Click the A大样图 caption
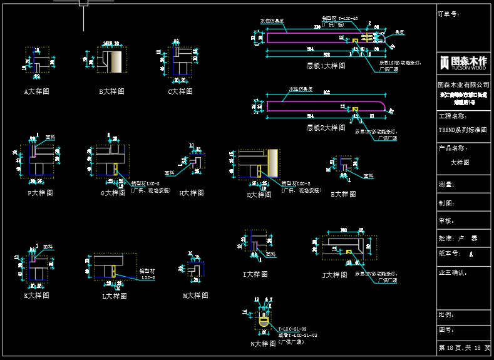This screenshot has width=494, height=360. (x=37, y=91)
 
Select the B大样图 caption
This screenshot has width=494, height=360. (x=111, y=91)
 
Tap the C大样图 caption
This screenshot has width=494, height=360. (x=180, y=91)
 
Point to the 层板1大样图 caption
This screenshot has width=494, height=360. (x=326, y=65)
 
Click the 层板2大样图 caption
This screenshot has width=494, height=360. (x=326, y=128)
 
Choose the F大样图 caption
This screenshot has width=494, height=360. (x=40, y=193)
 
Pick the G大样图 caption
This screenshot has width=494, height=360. (x=113, y=193)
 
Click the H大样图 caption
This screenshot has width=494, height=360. (x=192, y=193)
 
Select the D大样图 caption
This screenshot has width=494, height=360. (x=259, y=195)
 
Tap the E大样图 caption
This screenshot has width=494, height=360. (x=343, y=194)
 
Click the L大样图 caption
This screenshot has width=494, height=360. (x=115, y=296)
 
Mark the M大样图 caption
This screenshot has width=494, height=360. (x=195, y=296)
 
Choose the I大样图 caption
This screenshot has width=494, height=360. (x=255, y=274)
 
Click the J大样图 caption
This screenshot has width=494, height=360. (x=334, y=275)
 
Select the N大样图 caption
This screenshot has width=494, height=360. (x=263, y=344)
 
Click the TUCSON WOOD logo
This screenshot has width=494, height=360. (x=463, y=62)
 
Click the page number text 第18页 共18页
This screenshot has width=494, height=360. (x=464, y=347)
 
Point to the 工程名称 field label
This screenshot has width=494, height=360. (x=453, y=116)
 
